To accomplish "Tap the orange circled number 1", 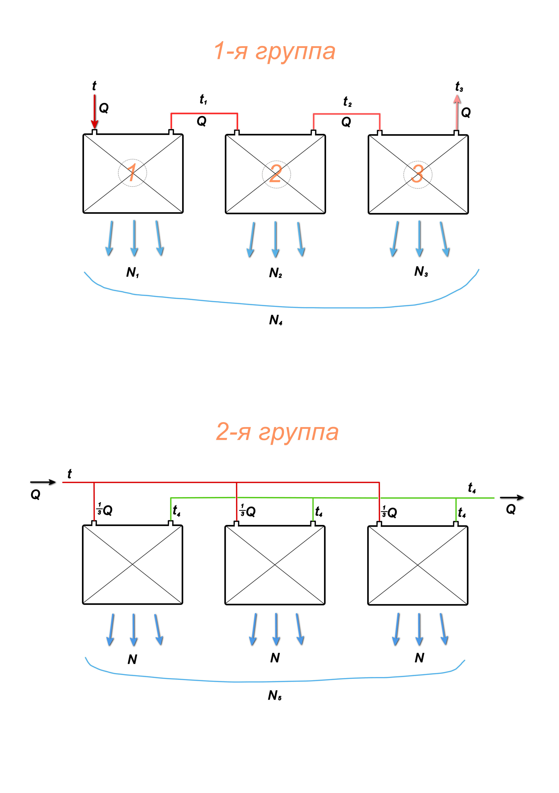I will click(132, 173).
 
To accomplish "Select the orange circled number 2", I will click(276, 174).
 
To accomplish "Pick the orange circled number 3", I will click(417, 174).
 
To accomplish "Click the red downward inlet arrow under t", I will click(94, 112).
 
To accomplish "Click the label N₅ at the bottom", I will click(275, 695).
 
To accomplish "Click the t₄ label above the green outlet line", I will click(472, 488).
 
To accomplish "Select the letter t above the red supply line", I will click(69, 474).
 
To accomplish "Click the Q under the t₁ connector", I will click(201, 121).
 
